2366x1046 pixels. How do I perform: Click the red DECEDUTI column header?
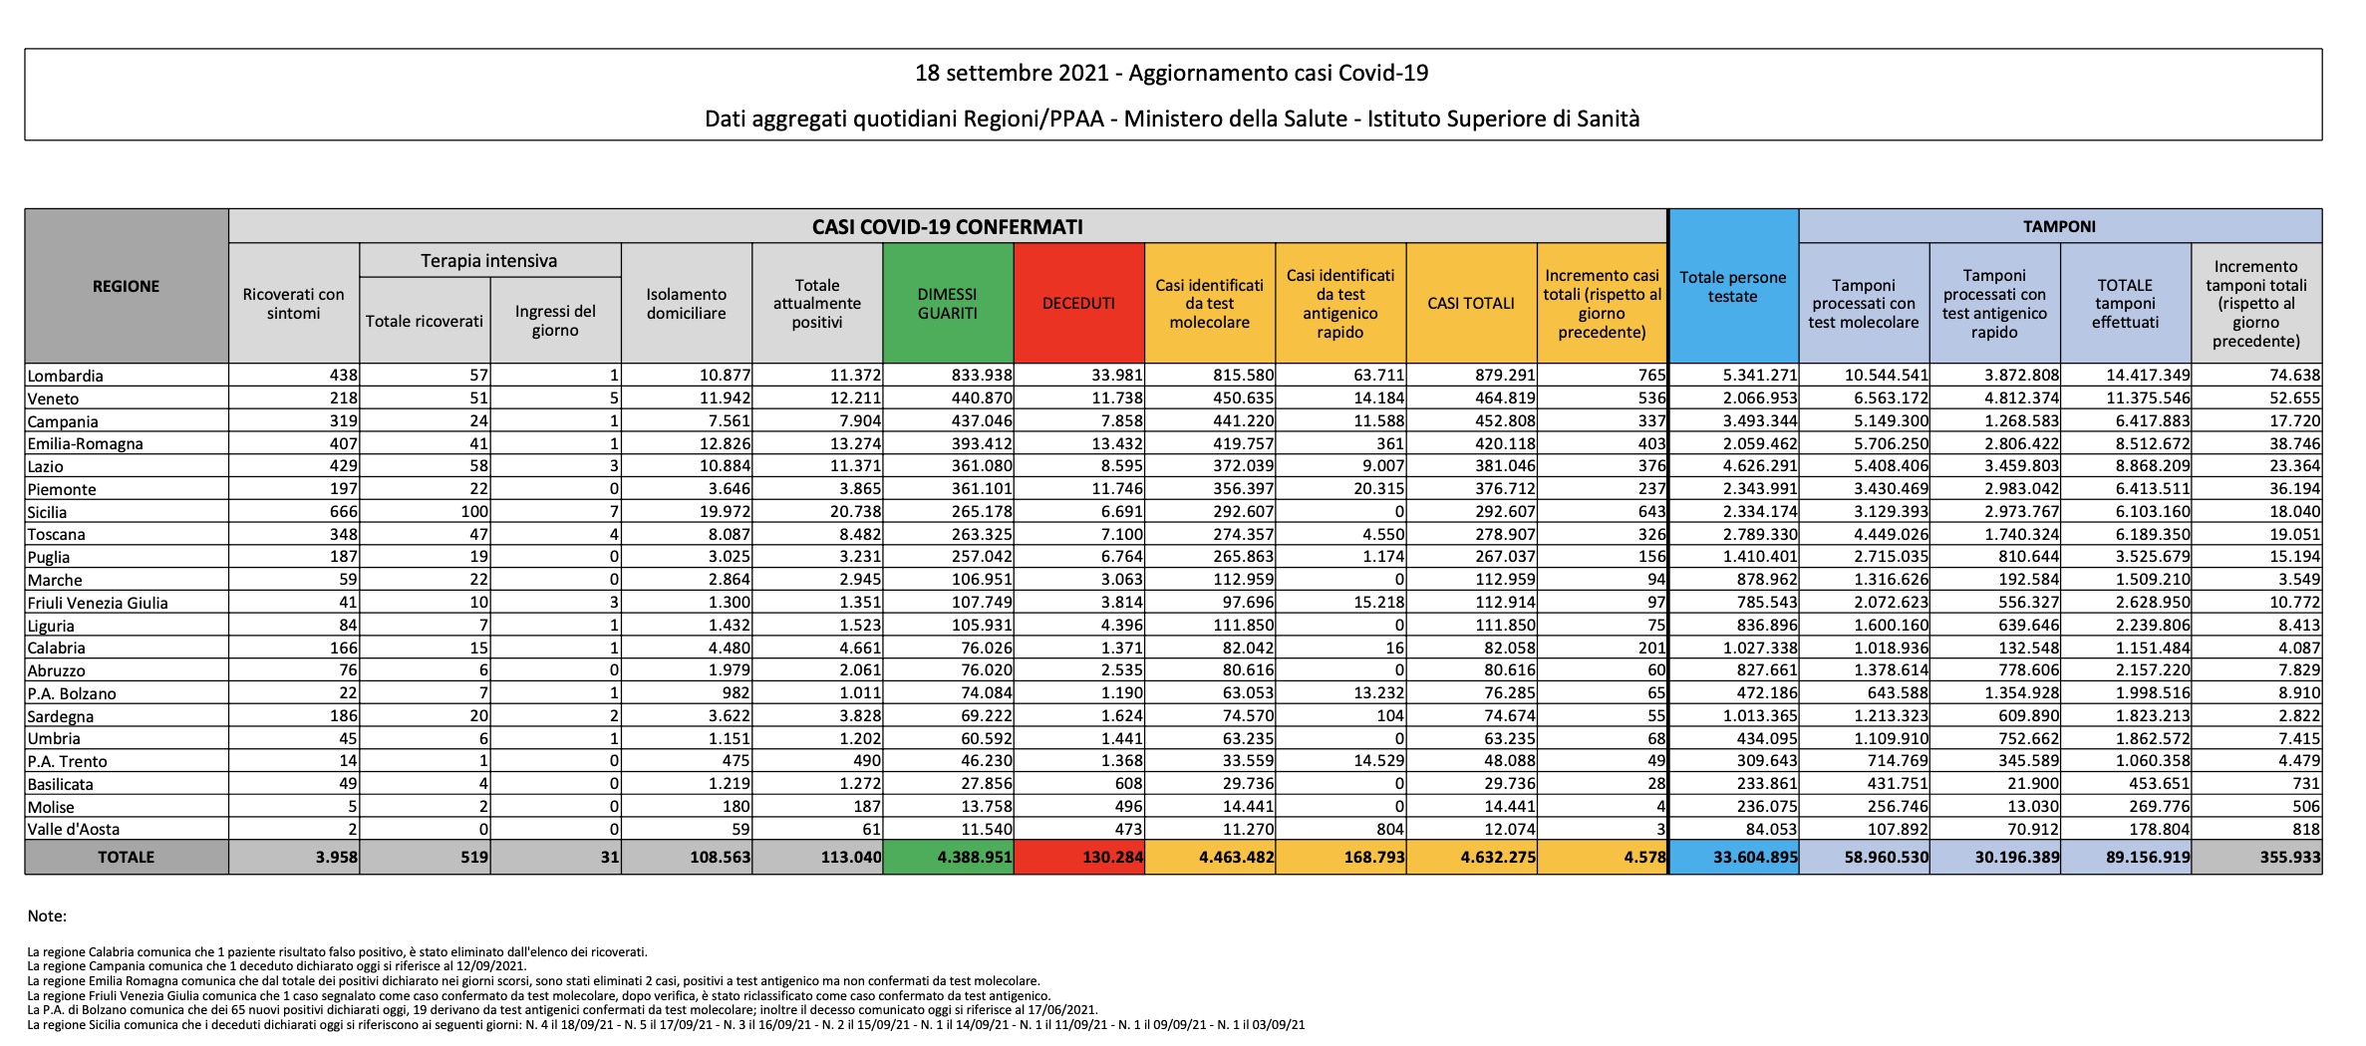(1078, 303)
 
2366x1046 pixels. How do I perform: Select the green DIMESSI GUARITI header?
(947, 303)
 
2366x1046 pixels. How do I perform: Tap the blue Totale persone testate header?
(1732, 287)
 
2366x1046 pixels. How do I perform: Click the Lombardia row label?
(66, 376)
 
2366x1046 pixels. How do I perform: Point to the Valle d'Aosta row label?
(74, 829)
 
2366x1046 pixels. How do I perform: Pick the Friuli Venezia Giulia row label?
(98, 603)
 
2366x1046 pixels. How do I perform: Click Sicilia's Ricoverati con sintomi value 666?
(343, 511)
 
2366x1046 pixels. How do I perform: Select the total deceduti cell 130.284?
(1112, 857)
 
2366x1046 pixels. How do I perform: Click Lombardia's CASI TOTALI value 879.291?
(1505, 376)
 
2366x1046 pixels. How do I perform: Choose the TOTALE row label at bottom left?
(126, 857)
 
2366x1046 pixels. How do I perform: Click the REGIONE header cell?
(126, 286)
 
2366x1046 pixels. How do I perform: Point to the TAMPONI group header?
(2059, 226)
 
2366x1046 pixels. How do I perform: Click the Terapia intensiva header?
(488, 261)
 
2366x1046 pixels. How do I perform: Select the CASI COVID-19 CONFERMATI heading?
(947, 226)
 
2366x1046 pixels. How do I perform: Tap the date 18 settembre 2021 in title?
(1011, 73)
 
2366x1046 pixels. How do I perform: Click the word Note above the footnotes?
(47, 915)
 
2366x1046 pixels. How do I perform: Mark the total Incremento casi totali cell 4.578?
(1644, 857)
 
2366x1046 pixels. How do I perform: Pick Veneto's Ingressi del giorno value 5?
(614, 398)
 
